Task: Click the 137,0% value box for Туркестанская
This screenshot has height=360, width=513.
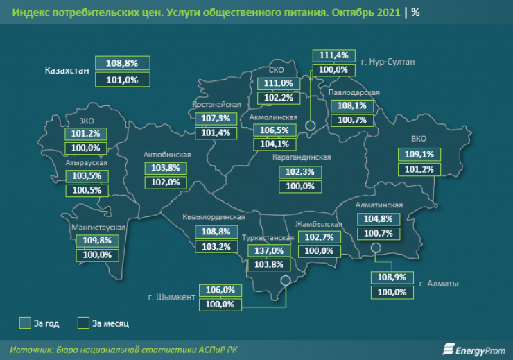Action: click(268, 250)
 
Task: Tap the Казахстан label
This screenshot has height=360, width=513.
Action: click(68, 71)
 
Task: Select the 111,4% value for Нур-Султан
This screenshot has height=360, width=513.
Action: click(333, 55)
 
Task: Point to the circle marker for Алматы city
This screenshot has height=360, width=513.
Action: click(376, 248)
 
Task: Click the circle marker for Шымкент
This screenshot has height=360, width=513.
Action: click(285, 281)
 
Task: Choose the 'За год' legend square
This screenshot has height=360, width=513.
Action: click(25, 323)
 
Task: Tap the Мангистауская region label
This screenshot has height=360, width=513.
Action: click(98, 227)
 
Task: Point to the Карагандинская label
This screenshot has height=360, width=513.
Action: click(302, 157)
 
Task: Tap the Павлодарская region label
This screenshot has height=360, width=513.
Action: click(354, 92)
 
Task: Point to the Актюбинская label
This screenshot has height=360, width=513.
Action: click(166, 154)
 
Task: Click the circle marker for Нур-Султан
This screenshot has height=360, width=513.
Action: click(310, 126)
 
